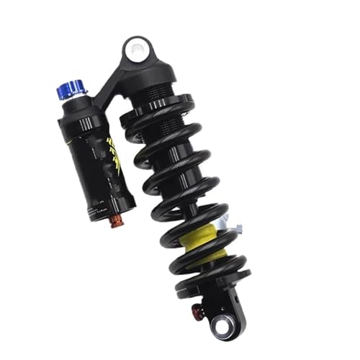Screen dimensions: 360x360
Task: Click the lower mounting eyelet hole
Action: (220, 325)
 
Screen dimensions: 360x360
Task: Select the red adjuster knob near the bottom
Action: (195, 310)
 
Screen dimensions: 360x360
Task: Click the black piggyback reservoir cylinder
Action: (101, 158)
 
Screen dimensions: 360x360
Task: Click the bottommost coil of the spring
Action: (212, 277)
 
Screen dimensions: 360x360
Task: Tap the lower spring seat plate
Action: (216, 288)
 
